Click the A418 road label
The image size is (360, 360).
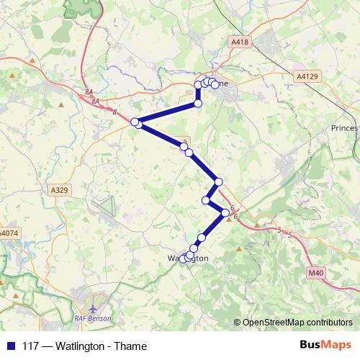(240, 43)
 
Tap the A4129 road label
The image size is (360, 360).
(306, 76)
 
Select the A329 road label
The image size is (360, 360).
(60, 189)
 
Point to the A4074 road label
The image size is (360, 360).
(9, 233)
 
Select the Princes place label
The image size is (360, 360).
(344, 127)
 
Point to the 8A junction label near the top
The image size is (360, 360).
(89, 92)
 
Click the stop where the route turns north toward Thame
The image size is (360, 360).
(198, 104)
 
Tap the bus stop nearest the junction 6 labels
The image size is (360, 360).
(225, 212)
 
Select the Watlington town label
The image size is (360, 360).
(188, 258)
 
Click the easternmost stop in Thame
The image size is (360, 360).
(215, 85)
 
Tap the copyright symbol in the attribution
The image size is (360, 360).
(238, 323)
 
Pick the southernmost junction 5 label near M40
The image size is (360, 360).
(289, 235)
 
